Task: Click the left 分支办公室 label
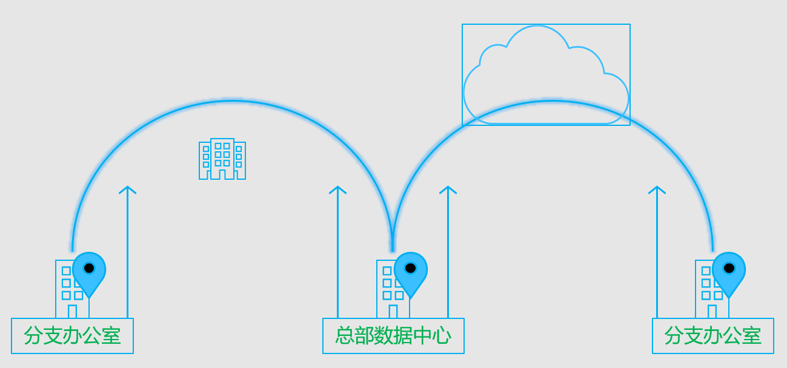click(72, 336)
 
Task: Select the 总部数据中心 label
click(393, 336)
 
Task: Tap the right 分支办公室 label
click(712, 336)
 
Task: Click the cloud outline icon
click(546, 76)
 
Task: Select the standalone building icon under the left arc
click(222, 159)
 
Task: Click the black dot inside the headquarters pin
click(410, 268)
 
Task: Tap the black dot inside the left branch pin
click(89, 268)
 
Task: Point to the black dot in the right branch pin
click(729, 268)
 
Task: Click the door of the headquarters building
click(393, 312)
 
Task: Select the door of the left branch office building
click(72, 312)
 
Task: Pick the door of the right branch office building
click(712, 312)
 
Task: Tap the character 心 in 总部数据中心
click(442, 336)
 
